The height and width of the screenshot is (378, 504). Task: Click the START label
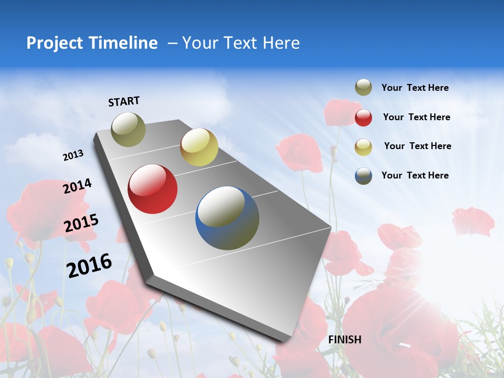point(124,101)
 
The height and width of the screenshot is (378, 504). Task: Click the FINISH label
point(345,340)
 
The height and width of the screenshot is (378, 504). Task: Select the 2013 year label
point(73,155)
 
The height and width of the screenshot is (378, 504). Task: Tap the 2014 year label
point(77,186)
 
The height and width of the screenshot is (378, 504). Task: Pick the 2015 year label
point(81,223)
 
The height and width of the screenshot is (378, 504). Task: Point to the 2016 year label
point(89,265)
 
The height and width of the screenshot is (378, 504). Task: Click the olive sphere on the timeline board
point(129,129)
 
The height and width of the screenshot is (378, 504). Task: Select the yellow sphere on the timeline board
point(199,147)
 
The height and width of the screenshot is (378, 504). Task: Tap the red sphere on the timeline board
point(153,189)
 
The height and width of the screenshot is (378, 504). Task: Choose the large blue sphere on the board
point(227,218)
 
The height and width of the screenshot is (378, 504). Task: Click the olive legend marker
point(363,88)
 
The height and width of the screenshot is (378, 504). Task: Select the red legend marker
point(363,118)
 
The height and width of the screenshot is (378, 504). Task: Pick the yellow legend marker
point(363,147)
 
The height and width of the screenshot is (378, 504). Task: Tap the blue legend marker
point(363,176)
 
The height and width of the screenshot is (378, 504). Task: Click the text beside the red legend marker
point(416,117)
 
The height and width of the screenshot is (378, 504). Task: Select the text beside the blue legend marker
point(415,175)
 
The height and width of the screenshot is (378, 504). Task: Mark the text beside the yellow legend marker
point(417,146)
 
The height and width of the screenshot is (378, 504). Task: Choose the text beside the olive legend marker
point(415,88)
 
